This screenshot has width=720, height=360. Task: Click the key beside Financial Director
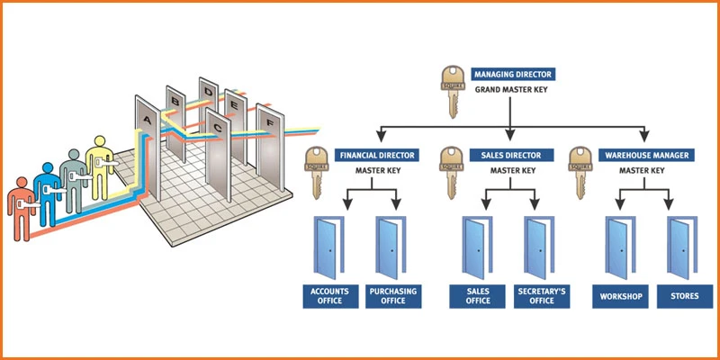pyautogui.click(x=315, y=172)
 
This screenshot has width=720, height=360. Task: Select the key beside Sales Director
pyautogui.click(x=450, y=172)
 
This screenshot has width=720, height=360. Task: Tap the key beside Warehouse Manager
pyautogui.click(x=580, y=172)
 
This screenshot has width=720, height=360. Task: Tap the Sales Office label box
pyautogui.click(x=476, y=295)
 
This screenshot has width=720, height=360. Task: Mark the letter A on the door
pyautogui.click(x=146, y=119)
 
